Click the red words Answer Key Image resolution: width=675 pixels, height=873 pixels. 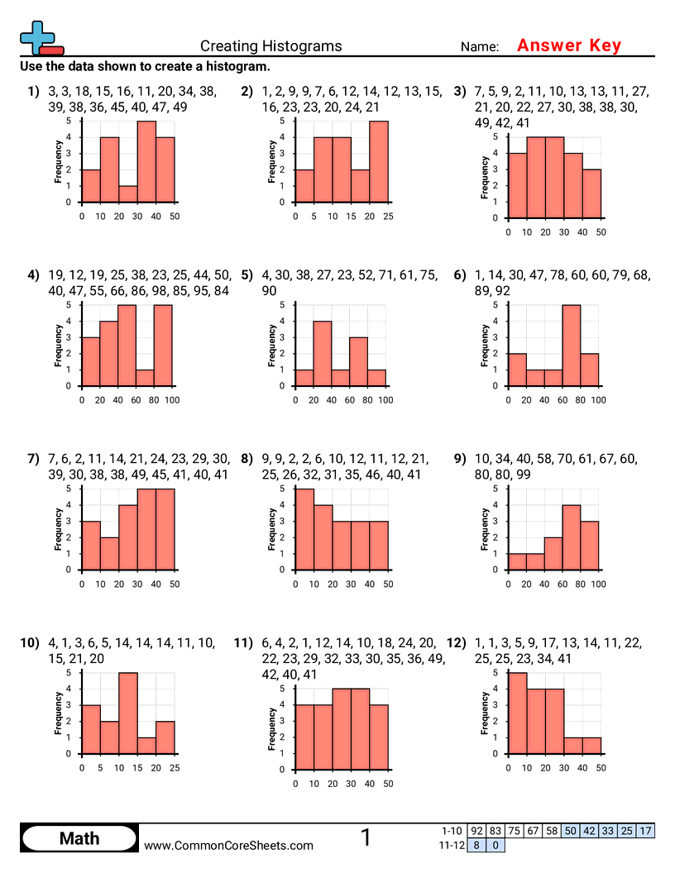[568, 45]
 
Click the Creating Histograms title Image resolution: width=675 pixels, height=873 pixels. [270, 46]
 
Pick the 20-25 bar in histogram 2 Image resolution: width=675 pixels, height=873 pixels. [378, 162]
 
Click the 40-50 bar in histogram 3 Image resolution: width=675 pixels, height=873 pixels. [591, 193]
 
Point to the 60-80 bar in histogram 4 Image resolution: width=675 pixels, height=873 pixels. [146, 378]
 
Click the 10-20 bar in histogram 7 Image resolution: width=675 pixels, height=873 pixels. [109, 554]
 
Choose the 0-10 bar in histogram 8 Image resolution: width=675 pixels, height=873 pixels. [304, 530]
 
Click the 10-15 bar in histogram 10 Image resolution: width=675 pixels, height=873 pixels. [127, 713]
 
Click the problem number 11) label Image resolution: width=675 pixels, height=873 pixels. [242, 642]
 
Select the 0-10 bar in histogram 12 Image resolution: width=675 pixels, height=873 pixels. [517, 713]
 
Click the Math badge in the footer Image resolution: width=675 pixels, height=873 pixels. [79, 838]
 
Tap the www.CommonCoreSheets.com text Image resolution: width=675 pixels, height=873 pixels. [229, 845]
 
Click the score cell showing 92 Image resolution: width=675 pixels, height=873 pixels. [476, 831]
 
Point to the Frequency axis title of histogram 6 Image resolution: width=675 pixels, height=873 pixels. [485, 346]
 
